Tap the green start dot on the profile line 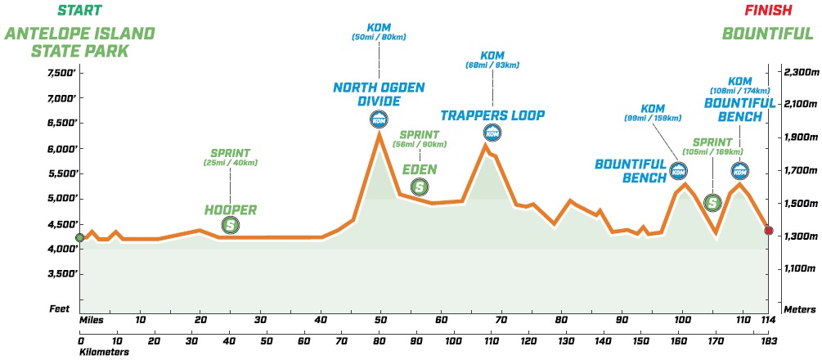coord(79,238)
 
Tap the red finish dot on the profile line coord(769,230)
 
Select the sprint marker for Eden coord(419,187)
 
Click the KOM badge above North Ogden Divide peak coord(379,119)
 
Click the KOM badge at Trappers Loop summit coord(492,133)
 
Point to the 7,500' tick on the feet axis coord(61,73)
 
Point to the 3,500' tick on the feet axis coord(61,274)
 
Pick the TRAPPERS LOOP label coord(492,115)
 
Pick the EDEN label coord(419,169)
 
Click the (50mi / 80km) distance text coord(379,38)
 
